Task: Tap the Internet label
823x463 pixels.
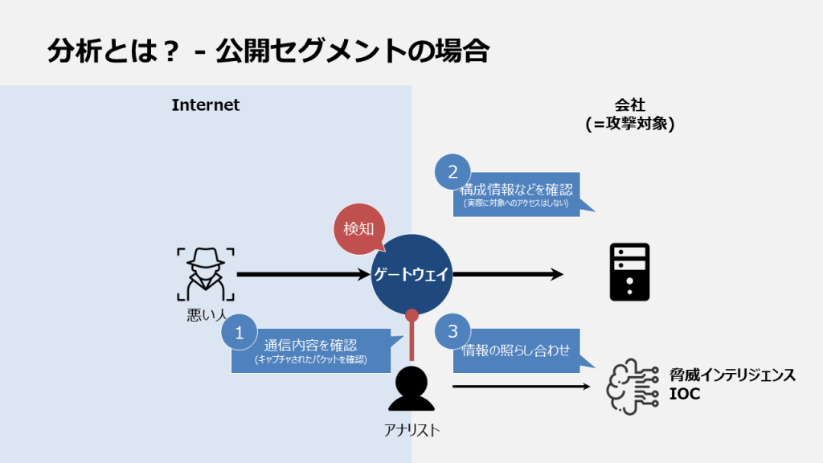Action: (x=206, y=105)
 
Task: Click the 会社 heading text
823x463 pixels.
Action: (x=629, y=105)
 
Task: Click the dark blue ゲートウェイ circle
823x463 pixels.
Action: (x=411, y=274)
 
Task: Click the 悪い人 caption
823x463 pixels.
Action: (x=206, y=316)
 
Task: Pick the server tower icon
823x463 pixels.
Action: (x=629, y=272)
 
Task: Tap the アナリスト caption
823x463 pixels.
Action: (x=411, y=430)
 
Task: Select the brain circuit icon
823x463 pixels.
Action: (x=630, y=386)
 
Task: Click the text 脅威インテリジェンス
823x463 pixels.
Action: (x=732, y=375)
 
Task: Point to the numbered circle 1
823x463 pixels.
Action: (x=239, y=331)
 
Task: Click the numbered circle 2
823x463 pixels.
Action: (x=452, y=171)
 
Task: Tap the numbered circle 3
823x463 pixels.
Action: (x=452, y=331)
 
